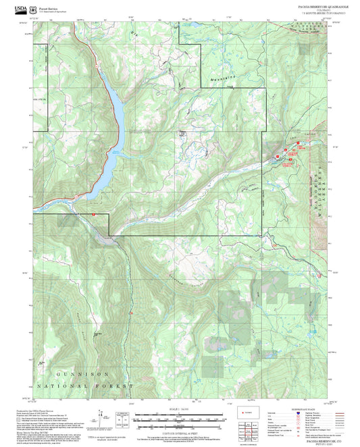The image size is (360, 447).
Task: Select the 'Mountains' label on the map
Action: coord(219,78)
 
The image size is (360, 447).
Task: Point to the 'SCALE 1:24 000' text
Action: coord(178,410)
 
